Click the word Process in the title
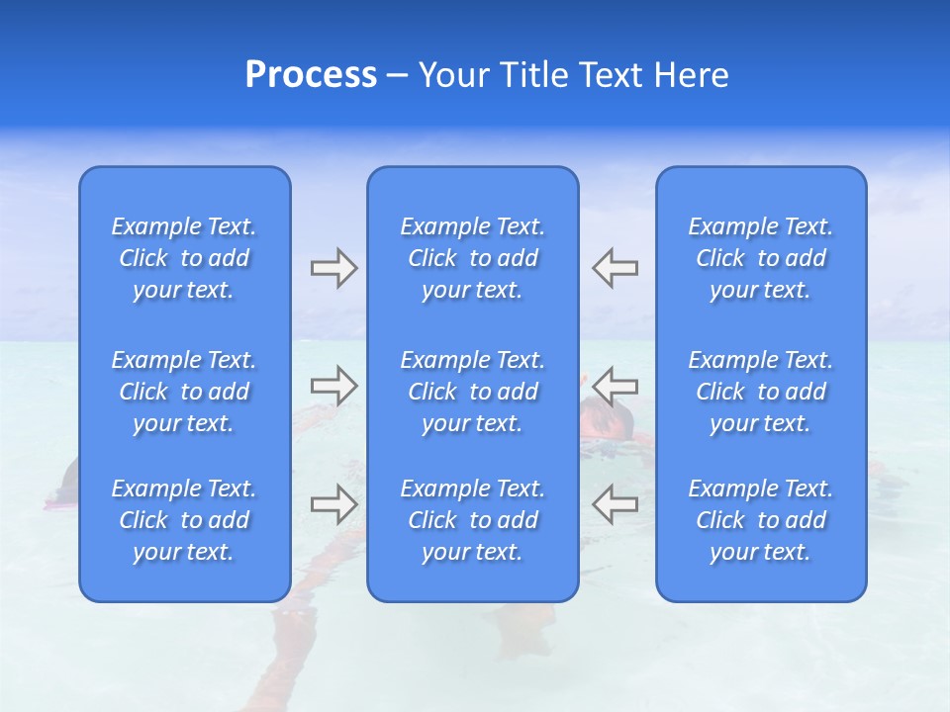tap(311, 75)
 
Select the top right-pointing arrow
tap(333, 268)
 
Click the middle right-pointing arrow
tap(333, 386)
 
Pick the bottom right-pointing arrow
tap(333, 504)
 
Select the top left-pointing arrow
tap(615, 268)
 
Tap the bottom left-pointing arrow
tap(615, 504)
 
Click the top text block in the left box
tap(184, 258)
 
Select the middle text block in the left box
tap(184, 392)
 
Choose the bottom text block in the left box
tap(184, 520)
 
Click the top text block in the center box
tap(473, 258)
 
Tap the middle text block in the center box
tap(473, 392)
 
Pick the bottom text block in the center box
tap(473, 520)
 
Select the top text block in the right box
tap(761, 258)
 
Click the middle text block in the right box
tap(761, 392)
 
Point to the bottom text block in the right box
tap(761, 520)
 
